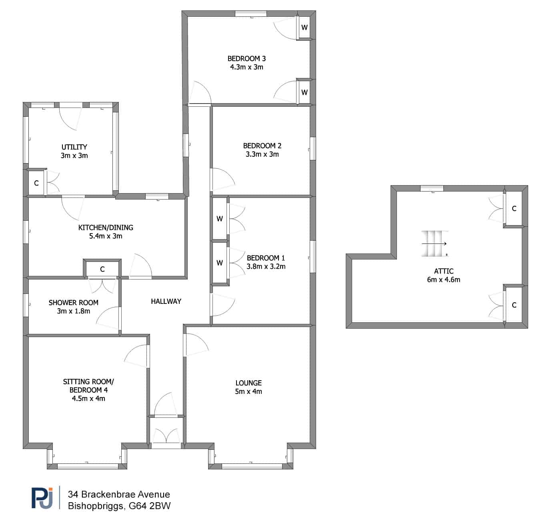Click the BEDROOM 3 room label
coord(246,59)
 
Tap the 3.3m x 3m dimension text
coord(262,154)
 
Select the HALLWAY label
coord(166,301)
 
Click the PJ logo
coord(42,498)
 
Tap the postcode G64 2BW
coord(150,506)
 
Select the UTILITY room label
coord(74,147)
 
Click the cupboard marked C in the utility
coord(36,183)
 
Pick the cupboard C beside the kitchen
coord(102,269)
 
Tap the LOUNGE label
coord(248,383)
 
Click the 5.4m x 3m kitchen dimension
coord(106,236)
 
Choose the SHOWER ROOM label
coord(73,303)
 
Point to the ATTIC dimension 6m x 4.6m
coord(443,279)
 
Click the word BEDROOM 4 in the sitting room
coord(88,390)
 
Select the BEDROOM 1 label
coord(266,258)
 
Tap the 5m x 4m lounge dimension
coord(248,391)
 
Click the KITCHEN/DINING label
coord(106,228)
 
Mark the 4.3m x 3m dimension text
coord(246,67)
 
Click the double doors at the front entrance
coord(166,435)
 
